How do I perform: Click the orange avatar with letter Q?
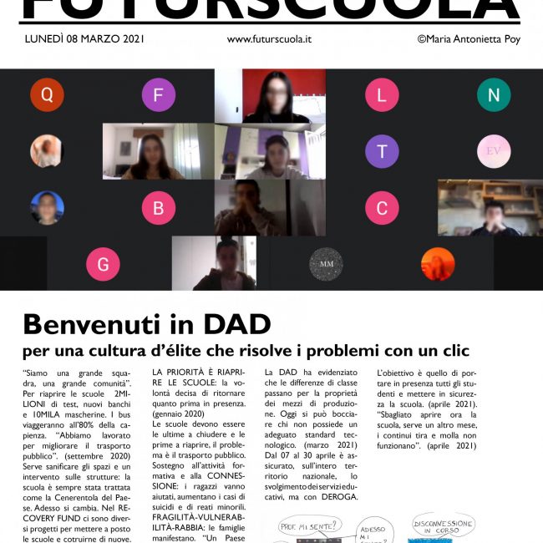[47, 94]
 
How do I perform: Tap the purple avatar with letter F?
[158, 94]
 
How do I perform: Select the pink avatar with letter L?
[382, 94]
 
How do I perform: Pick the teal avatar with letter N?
[494, 94]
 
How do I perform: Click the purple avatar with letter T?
[382, 151]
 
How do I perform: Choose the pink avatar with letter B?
[158, 208]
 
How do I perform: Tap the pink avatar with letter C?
[382, 208]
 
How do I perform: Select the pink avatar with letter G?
[103, 265]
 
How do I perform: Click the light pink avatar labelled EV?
[494, 151]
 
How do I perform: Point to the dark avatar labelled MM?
[326, 265]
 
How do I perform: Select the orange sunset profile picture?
[438, 265]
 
